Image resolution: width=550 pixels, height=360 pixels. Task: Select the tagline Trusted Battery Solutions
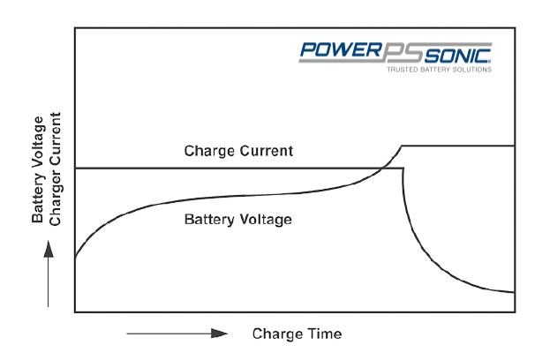click(x=439, y=68)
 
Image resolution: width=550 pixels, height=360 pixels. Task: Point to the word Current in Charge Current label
click(x=265, y=151)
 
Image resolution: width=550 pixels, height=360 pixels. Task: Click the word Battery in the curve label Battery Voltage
click(x=207, y=218)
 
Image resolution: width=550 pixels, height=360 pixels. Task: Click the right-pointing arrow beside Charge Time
click(x=177, y=334)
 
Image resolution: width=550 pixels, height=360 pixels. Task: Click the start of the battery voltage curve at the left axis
click(x=75, y=258)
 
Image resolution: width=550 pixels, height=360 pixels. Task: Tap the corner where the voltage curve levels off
click(x=403, y=146)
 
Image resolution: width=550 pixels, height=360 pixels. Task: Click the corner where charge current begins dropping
click(x=403, y=168)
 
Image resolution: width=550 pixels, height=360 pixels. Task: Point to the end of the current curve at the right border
click(x=514, y=291)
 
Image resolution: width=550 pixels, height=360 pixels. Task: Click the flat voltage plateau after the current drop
click(x=459, y=146)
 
